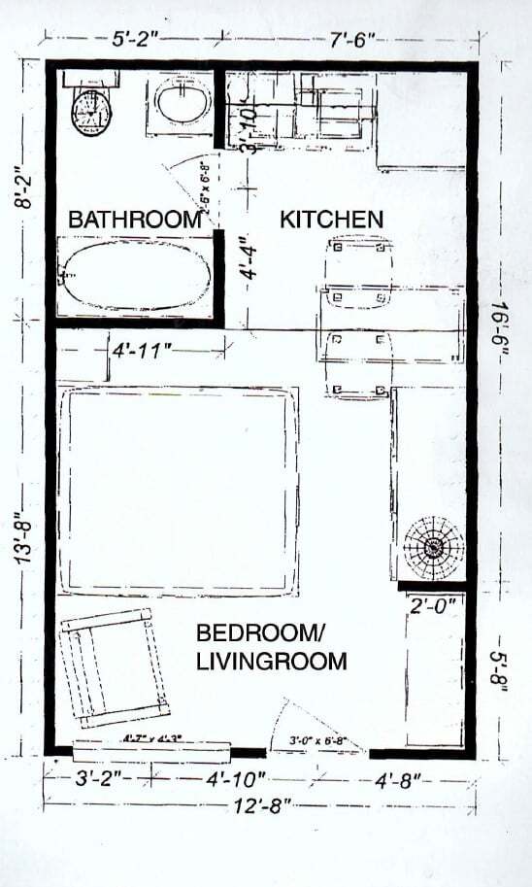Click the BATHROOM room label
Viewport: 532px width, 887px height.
click(134, 221)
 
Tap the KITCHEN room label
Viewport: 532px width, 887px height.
click(331, 220)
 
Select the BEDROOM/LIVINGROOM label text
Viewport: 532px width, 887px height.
click(271, 648)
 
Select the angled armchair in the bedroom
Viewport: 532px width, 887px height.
click(113, 668)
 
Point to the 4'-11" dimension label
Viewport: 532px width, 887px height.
click(142, 349)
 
